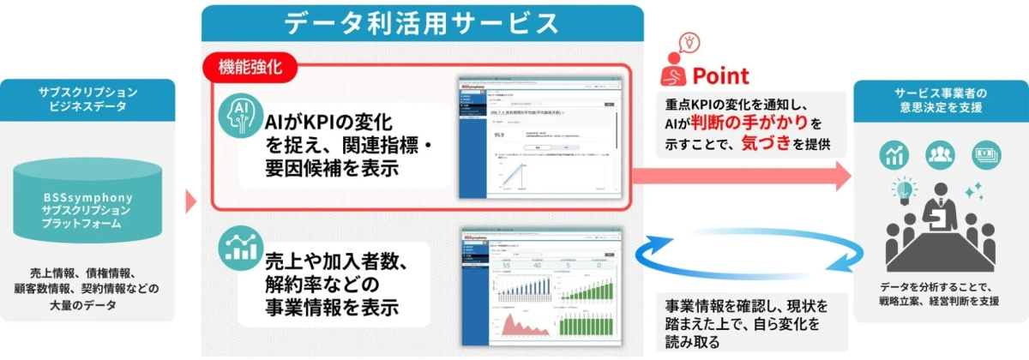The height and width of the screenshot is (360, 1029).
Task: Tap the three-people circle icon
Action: [939, 154]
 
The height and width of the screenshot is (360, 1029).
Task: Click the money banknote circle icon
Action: [984, 154]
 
